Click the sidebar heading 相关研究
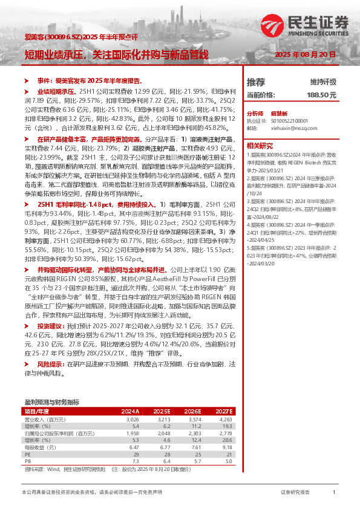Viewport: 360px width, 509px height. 260,146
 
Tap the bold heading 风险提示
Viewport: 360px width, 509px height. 51,365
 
